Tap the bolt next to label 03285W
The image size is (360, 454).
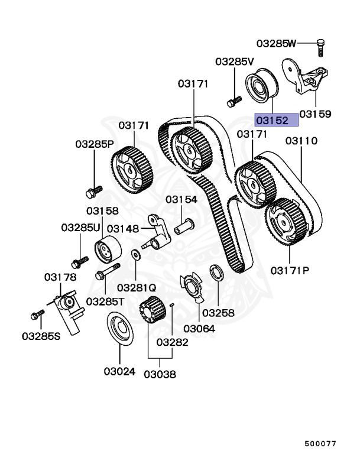(320, 47)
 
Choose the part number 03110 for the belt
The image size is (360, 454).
(301, 141)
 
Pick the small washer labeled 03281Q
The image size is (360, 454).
(135, 255)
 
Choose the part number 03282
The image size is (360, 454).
(173, 342)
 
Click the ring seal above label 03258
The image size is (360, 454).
(216, 274)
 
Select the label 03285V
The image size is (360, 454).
(234, 61)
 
